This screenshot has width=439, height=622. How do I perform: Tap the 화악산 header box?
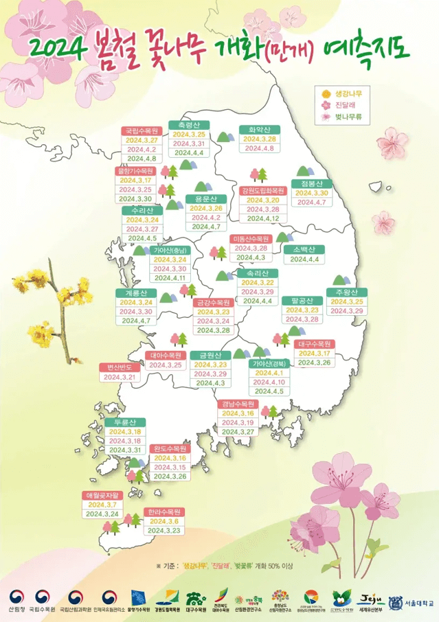[259, 129]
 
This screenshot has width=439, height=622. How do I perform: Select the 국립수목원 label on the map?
[142, 130]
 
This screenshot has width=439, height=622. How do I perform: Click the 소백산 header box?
[304, 250]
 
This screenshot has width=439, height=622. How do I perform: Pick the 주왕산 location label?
[347, 293]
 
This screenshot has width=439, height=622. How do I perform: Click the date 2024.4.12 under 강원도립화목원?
[262, 218]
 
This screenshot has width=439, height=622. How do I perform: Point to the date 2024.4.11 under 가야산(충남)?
[171, 278]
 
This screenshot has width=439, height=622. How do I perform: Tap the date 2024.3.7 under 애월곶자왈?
[102, 505]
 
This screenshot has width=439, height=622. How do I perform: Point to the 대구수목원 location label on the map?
[316, 343]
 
